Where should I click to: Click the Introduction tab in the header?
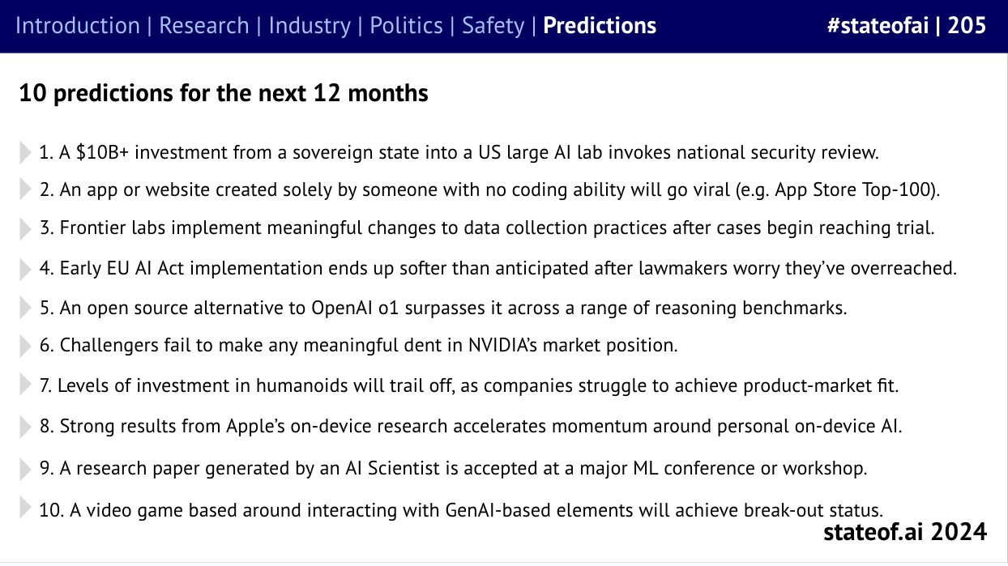pos(77,26)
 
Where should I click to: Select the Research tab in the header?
pos(204,26)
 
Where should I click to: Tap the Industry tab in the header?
pos(310,26)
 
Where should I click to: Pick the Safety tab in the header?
pos(493,26)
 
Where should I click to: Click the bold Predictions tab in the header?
pos(600,26)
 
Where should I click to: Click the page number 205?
pos(967,26)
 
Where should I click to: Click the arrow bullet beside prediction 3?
pos(26,229)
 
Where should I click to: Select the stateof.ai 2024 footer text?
pos(904,532)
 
